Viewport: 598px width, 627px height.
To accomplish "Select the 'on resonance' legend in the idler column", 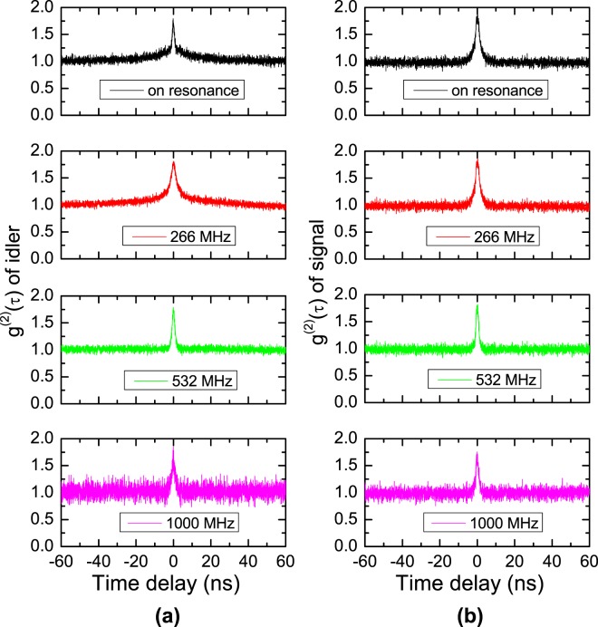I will (173, 92).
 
